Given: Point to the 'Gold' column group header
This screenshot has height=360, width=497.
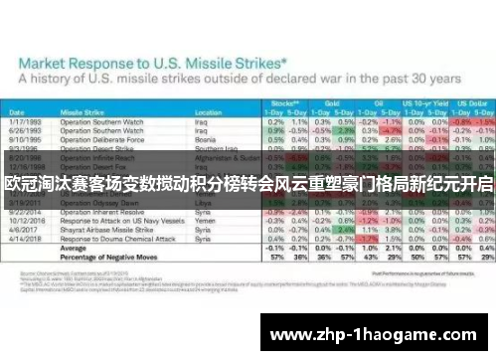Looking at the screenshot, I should point(334,101).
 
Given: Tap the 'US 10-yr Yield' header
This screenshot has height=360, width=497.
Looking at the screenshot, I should point(422,101).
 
